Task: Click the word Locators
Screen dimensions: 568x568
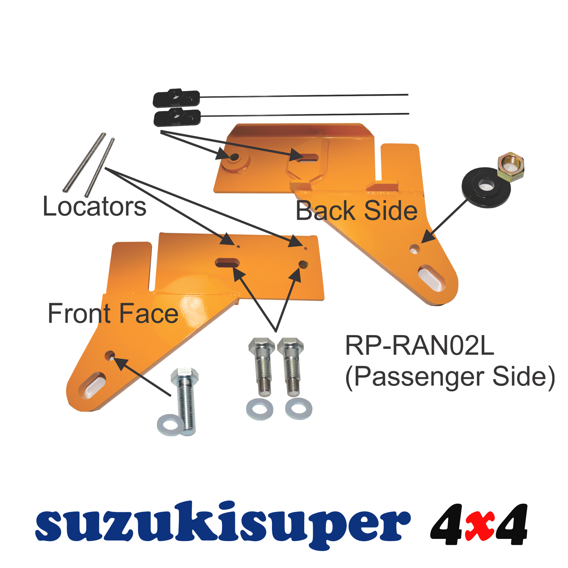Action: click(94, 207)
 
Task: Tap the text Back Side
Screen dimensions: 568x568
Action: click(356, 211)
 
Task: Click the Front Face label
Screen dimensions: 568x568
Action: click(113, 314)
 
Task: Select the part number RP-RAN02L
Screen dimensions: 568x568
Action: click(419, 345)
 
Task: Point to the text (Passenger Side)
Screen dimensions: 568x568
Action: click(450, 377)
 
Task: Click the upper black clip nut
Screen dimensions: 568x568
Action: click(176, 98)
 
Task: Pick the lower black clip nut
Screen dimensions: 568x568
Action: click(177, 118)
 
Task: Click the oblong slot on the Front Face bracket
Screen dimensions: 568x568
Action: click(227, 263)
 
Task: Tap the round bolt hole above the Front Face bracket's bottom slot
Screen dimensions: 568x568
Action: click(110, 355)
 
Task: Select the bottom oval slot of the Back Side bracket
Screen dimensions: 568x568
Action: click(431, 278)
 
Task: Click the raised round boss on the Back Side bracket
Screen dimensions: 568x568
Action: click(235, 158)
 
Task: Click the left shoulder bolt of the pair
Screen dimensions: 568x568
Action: click(262, 366)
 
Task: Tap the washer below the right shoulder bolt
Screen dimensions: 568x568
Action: click(299, 409)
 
